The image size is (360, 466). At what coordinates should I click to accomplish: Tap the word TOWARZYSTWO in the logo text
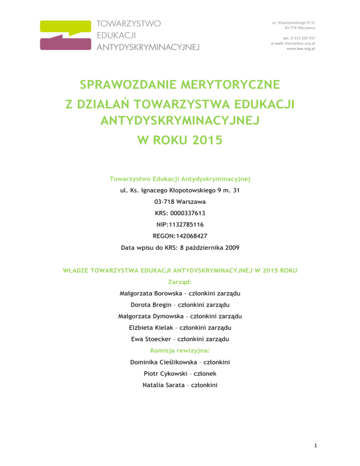129,23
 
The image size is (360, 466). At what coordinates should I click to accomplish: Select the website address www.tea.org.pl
300,48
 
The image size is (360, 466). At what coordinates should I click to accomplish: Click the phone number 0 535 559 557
303,38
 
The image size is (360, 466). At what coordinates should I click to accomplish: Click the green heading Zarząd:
180,283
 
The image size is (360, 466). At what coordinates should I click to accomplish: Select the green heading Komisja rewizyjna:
180,350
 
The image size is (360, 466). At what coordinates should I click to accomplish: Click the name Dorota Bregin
156,305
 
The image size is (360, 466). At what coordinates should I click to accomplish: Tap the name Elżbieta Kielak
152,328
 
